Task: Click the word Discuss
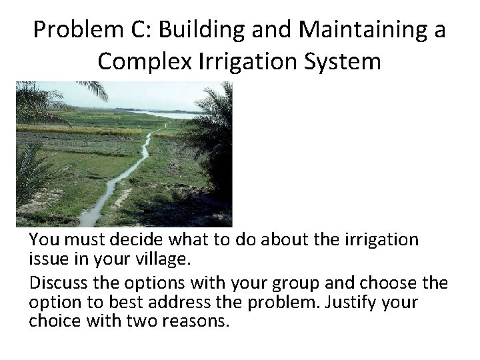58,283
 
